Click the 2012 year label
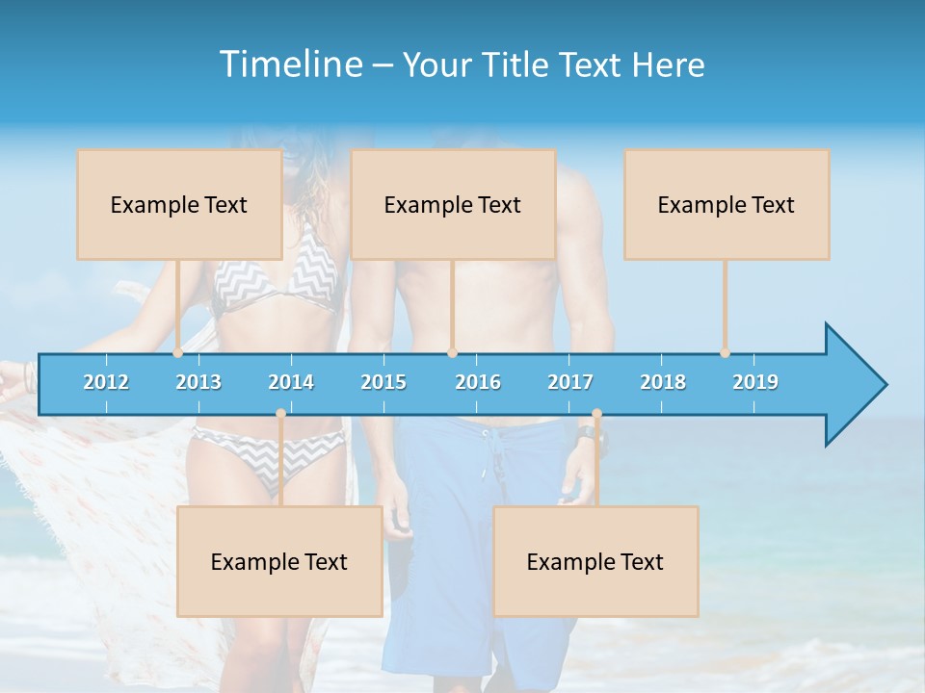(x=106, y=382)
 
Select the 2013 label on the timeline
(x=198, y=382)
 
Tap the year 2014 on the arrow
(x=291, y=382)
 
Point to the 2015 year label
(x=383, y=382)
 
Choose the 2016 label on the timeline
(x=478, y=382)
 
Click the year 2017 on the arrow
(x=570, y=382)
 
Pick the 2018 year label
(x=663, y=382)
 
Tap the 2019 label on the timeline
(x=755, y=382)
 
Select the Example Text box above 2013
(x=179, y=204)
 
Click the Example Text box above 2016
(x=453, y=204)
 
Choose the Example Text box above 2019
(x=727, y=204)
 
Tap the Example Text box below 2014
(x=279, y=561)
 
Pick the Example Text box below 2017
(x=595, y=561)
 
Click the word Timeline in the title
(x=289, y=64)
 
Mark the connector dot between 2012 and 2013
(x=178, y=353)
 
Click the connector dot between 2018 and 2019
(x=726, y=353)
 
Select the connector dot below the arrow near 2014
(x=280, y=414)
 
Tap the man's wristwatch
(x=587, y=434)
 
